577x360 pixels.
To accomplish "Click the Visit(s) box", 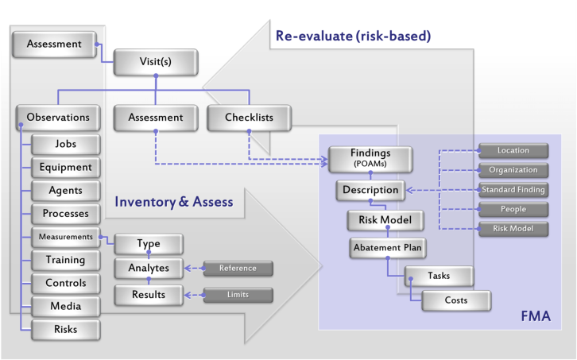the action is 156,62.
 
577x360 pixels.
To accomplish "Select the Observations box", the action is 58,118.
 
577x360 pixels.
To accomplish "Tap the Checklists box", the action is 249,118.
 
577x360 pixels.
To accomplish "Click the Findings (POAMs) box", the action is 370,159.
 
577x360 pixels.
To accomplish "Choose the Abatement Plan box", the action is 388,248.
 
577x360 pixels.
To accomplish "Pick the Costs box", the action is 456,300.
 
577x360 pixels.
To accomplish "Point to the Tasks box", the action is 439,276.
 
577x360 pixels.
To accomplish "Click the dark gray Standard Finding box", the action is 513,190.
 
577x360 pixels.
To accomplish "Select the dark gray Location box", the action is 513,150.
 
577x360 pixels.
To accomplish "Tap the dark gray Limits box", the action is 238,295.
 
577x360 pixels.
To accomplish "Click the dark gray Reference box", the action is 238,269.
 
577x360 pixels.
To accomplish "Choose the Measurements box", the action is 66,237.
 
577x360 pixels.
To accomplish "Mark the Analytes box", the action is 149,268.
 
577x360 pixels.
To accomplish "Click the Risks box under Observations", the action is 66,330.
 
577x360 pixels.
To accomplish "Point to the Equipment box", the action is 66,167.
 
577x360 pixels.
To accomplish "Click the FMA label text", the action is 536,316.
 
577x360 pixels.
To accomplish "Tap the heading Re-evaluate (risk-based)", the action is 353,36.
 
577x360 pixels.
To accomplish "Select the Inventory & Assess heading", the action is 174,202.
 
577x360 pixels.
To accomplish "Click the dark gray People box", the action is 513,209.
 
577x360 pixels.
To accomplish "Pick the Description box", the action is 370,190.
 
